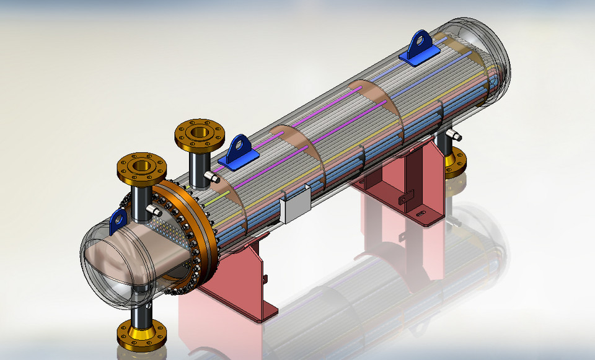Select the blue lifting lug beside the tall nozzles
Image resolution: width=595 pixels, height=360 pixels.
[237, 154]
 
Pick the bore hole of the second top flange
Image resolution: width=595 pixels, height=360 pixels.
[199, 132]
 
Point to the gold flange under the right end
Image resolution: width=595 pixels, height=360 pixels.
[456, 162]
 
